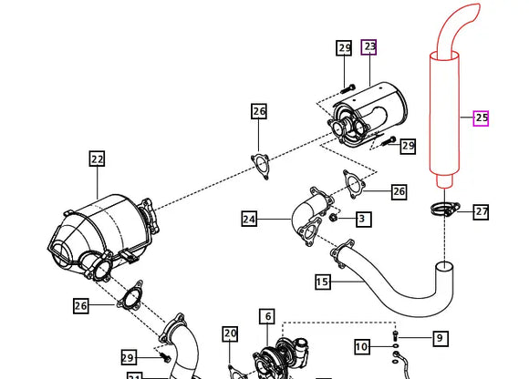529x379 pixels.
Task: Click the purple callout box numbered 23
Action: point(369,46)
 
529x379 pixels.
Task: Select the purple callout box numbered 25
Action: point(481,118)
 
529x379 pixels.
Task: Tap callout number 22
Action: point(98,159)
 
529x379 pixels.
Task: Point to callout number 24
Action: point(250,219)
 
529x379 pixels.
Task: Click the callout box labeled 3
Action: point(362,219)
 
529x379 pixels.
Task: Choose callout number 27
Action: point(481,211)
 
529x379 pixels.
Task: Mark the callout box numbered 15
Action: point(323,282)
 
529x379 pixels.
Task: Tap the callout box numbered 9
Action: point(440,338)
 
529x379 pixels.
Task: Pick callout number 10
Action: point(362,346)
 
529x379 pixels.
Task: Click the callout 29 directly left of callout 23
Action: point(344,47)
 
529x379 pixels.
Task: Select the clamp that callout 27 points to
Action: point(446,210)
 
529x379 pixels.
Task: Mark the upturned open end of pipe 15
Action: point(444,267)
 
